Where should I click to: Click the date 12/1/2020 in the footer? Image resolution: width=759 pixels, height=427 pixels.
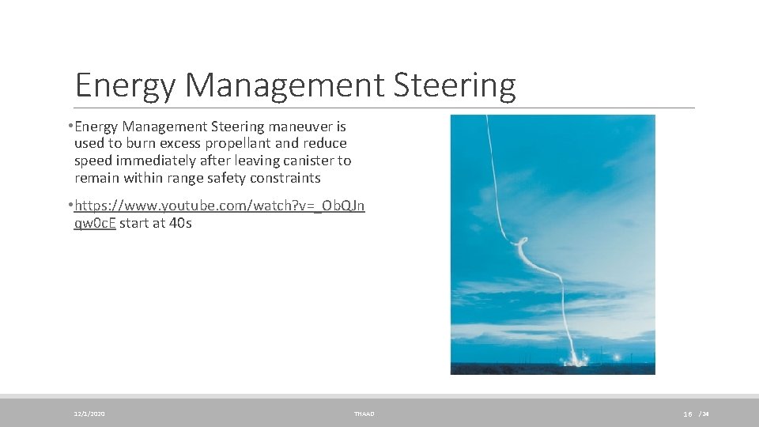click(89, 414)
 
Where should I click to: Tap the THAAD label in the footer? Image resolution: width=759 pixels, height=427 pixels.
click(364, 414)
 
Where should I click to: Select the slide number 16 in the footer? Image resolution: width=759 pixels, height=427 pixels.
click(688, 414)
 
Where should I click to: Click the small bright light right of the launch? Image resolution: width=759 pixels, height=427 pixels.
click(610, 359)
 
